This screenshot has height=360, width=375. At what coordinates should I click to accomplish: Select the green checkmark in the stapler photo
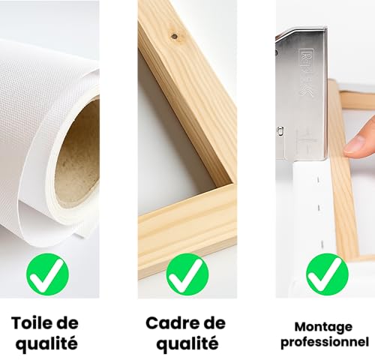click(327, 273)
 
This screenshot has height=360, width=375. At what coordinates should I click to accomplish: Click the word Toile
click(33, 322)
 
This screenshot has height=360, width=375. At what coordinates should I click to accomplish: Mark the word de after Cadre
click(215, 322)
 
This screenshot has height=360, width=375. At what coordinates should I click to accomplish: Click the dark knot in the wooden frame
click(174, 34)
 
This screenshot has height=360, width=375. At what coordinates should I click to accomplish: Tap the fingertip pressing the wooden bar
click(362, 142)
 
